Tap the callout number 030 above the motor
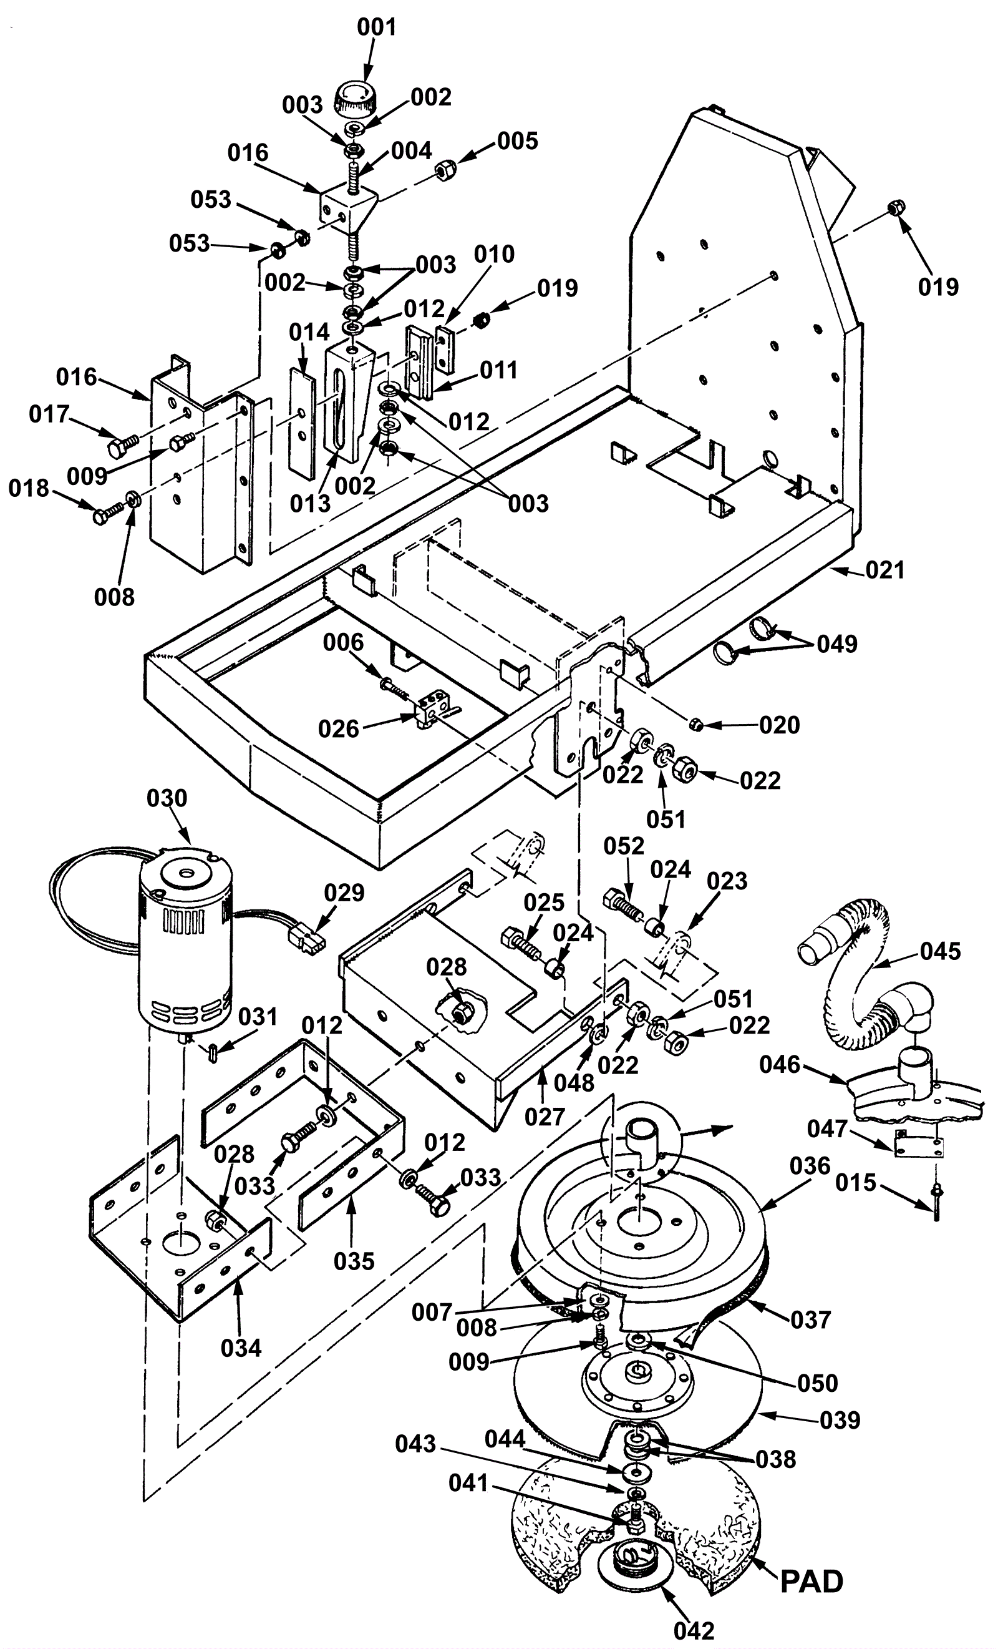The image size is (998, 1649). point(167,798)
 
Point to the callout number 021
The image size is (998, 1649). point(885,571)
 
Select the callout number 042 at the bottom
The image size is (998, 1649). point(694,1631)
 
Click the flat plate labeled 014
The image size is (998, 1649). point(303,424)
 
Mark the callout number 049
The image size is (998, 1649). point(837,643)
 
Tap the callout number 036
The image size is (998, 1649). point(810,1166)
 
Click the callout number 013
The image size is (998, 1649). point(311,504)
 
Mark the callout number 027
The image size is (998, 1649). point(545,1116)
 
